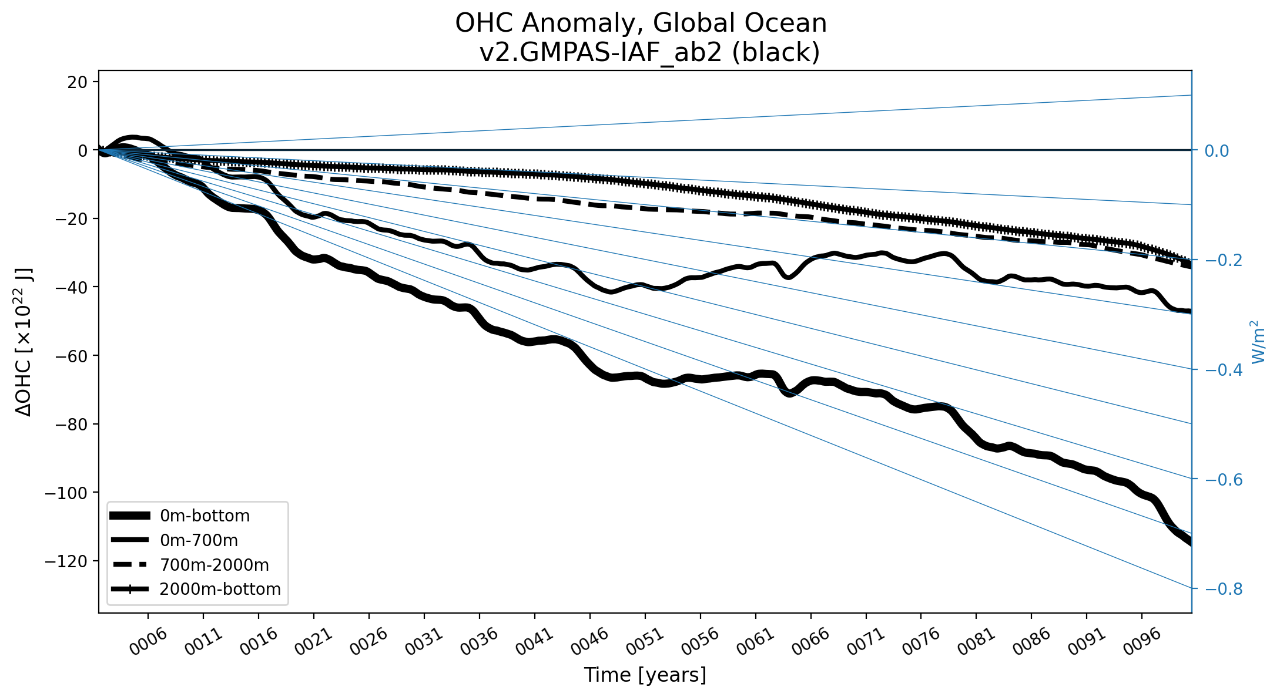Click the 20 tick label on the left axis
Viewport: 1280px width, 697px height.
(77, 82)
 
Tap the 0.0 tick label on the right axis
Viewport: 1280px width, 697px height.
(1217, 151)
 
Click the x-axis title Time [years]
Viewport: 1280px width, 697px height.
(645, 675)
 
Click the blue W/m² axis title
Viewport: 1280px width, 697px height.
(1258, 342)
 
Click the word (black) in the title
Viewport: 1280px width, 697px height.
(776, 53)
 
